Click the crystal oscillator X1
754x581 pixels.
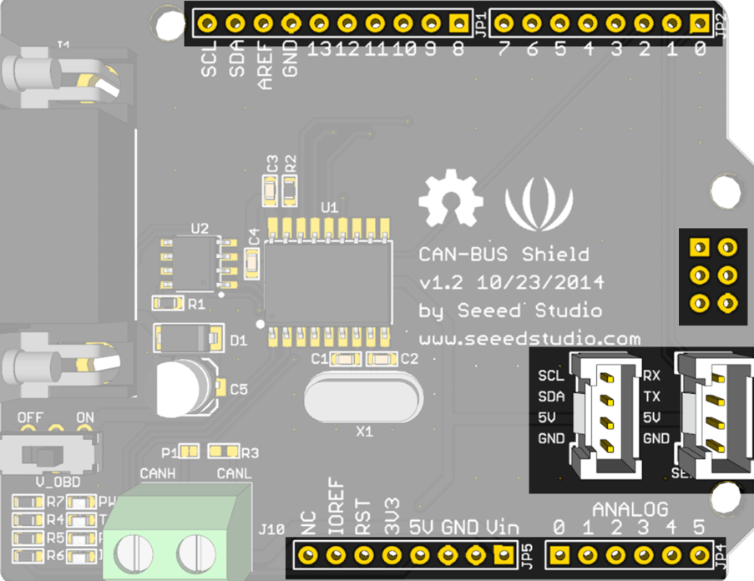point(362,398)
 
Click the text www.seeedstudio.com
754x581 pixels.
point(529,339)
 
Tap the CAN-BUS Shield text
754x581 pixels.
point(504,254)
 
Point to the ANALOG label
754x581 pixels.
point(630,508)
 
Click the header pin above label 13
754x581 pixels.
point(319,23)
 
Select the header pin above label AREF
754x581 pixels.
point(263,23)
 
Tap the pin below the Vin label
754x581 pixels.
point(503,554)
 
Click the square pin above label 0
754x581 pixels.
point(700,23)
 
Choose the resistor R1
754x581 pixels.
point(168,303)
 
